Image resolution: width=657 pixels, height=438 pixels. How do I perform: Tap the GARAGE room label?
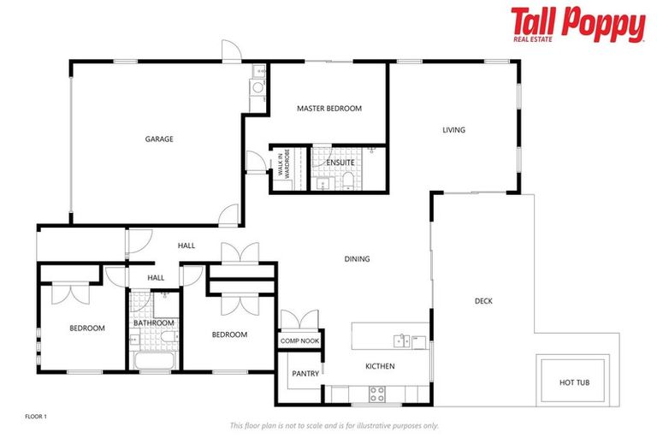(159, 139)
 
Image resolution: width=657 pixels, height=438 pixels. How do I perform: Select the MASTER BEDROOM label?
(329, 109)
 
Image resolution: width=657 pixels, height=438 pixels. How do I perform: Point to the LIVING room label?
(453, 130)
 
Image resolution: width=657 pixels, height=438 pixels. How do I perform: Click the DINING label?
(357, 258)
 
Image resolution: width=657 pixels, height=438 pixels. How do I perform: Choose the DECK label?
(483, 300)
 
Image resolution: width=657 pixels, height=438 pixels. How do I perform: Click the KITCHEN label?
(380, 366)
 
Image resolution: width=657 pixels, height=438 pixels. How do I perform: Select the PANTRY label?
(305, 373)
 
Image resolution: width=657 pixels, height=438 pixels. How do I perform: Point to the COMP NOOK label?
(299, 340)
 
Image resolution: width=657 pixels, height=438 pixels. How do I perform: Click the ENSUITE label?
(340, 163)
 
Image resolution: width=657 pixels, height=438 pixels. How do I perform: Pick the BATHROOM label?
(154, 323)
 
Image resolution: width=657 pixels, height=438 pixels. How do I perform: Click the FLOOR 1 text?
(35, 416)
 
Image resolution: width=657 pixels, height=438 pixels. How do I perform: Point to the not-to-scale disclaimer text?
(334, 425)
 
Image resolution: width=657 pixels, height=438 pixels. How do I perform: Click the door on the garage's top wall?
(228, 51)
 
